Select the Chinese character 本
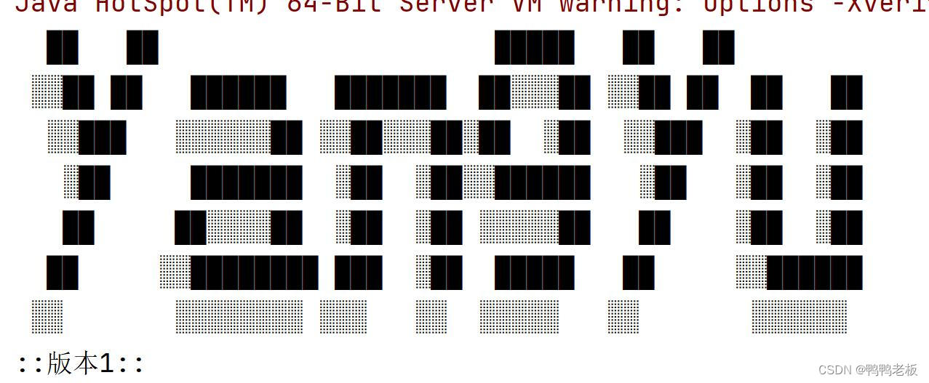click(85, 363)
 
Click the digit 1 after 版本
click(106, 363)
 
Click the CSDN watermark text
click(835, 370)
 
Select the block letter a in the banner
click(240, 182)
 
